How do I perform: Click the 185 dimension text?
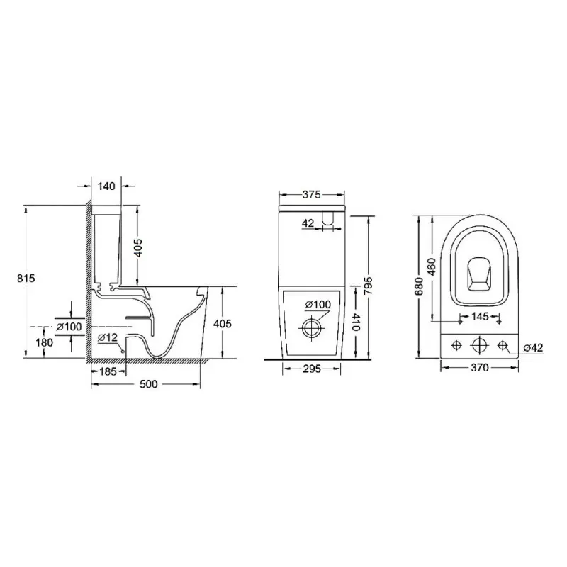[108, 371]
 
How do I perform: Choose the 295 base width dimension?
[312, 369]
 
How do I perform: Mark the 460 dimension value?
[432, 264]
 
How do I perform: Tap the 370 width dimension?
[480, 369]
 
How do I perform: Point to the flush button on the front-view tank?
[329, 220]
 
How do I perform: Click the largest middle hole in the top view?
[481, 345]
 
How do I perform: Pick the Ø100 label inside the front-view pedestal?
[318, 305]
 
